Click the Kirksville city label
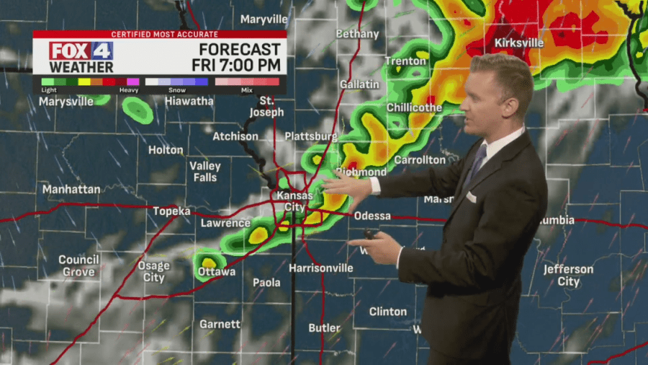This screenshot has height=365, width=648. coord(519,43)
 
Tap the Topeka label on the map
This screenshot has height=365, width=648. coord(171,211)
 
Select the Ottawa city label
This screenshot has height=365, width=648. coord(216,272)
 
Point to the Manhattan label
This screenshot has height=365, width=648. coord(71,189)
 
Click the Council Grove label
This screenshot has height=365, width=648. coord(78,265)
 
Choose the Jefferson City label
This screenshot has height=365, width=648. coord(568,276)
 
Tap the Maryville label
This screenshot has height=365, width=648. coord(264,19)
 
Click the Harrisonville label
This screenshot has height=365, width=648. coord(320,268)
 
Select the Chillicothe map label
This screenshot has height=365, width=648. coord(414,107)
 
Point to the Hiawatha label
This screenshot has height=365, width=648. coord(189,101)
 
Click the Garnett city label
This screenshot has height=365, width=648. coord(220,325)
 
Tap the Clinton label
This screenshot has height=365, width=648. coord(387,312)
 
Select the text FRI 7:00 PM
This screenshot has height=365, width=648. coord(236,65)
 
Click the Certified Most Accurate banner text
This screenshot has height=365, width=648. coord(159,35)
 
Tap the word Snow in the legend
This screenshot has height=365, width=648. coord(177,90)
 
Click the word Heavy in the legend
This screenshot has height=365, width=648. coord(129,90)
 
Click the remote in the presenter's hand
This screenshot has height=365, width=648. coord(371,235)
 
